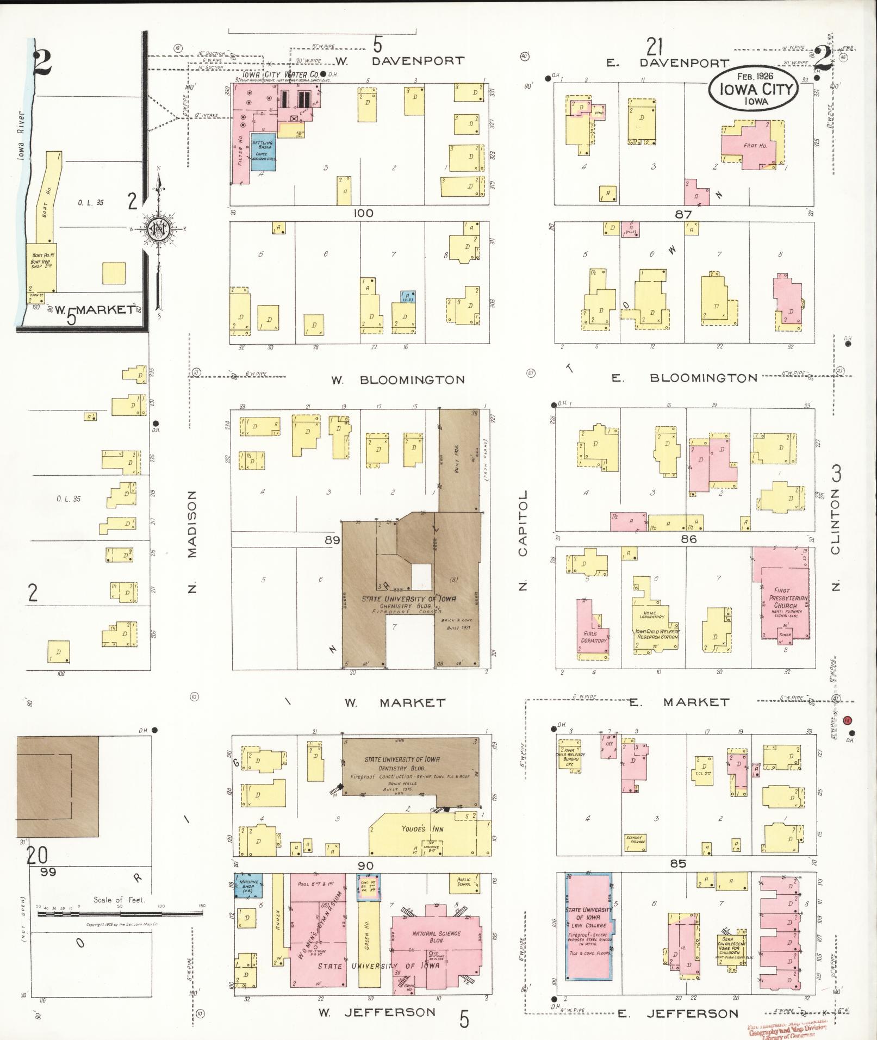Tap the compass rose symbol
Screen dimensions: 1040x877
[157, 229]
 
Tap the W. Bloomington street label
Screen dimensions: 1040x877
[399, 379]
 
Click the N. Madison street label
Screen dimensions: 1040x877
[191, 541]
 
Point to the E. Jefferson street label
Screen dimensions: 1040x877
[677, 1013]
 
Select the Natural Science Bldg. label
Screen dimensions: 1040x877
[436, 937]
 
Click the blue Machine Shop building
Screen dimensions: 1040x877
[248, 885]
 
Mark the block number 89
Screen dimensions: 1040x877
[332, 540]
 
